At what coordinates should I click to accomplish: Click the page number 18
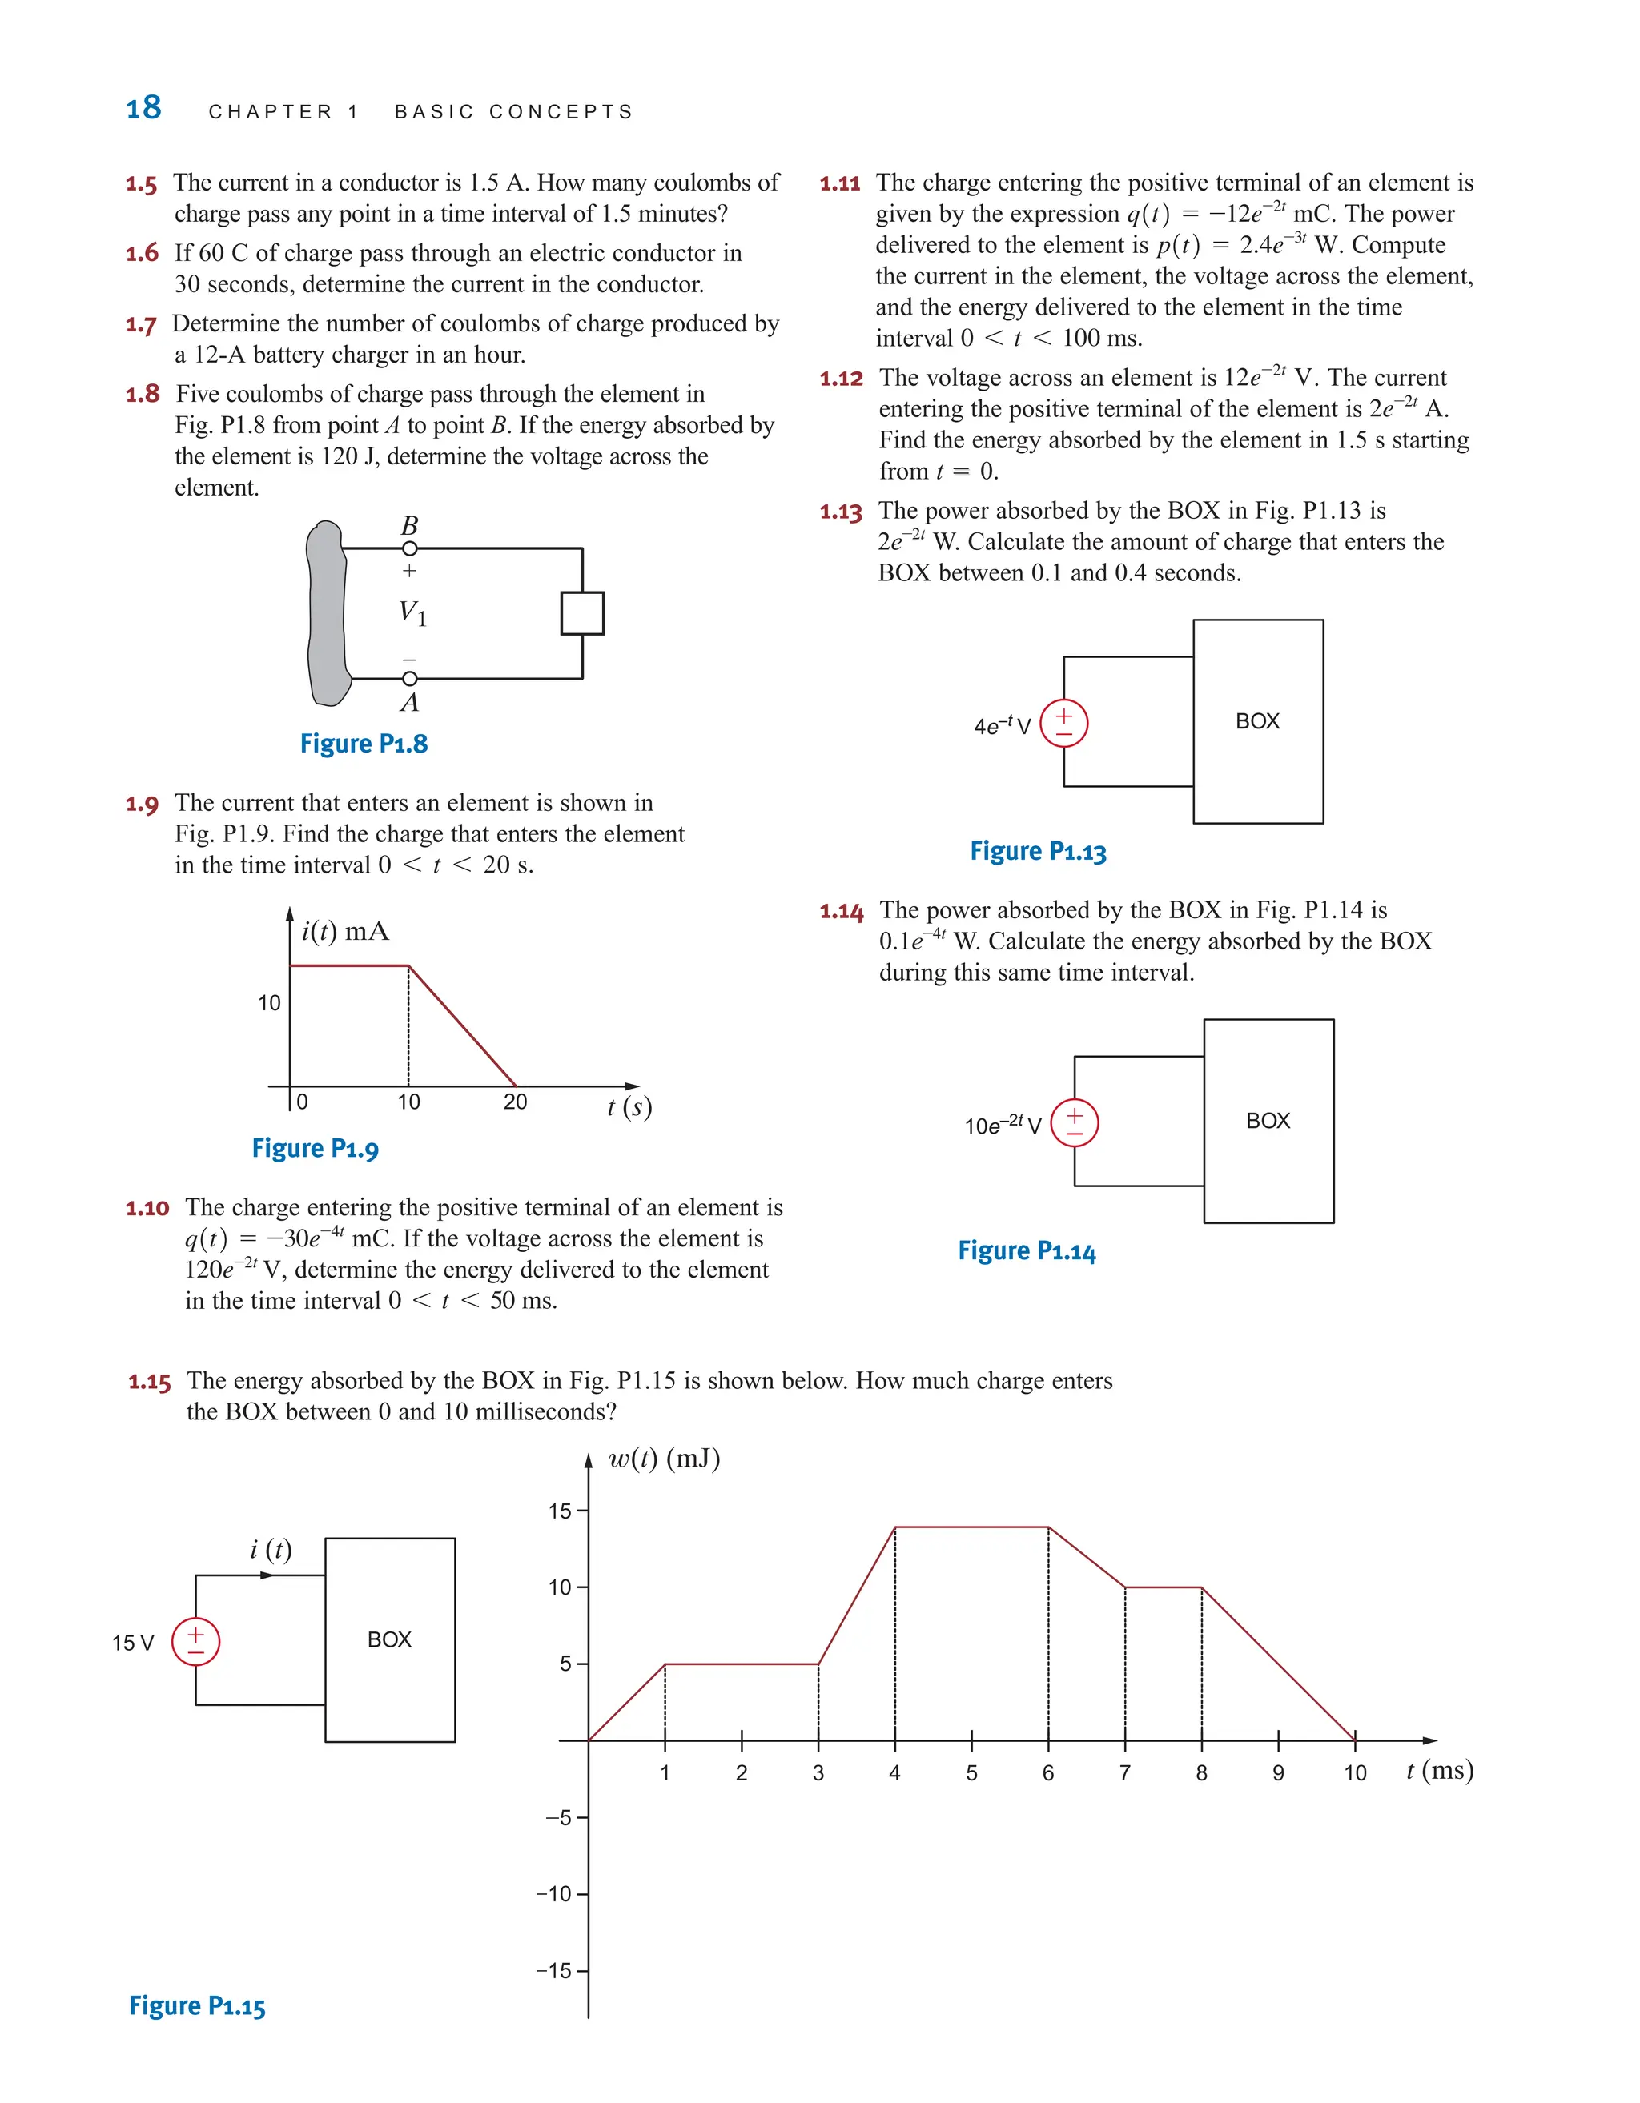tap(143, 108)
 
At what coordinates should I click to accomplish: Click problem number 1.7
tap(141, 324)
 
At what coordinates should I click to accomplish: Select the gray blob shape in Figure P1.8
tap(327, 612)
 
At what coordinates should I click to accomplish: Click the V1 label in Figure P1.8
tap(412, 612)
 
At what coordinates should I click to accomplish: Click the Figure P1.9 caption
tap(315, 1148)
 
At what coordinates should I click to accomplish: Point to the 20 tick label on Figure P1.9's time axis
tap(515, 1102)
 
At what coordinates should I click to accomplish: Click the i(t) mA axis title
tap(345, 931)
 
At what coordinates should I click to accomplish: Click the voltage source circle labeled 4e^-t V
tap(1063, 722)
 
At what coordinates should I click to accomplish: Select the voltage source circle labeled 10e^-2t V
tap(1074, 1122)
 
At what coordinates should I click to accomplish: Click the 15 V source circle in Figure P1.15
tap(195, 1642)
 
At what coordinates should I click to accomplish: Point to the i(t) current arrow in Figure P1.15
tap(267, 1576)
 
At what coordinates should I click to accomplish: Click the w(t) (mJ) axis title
tap(665, 1459)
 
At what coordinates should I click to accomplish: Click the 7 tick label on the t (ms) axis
tap(1125, 1772)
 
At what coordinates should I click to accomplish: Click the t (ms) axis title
tap(1440, 1770)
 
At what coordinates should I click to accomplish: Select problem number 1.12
tap(841, 379)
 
